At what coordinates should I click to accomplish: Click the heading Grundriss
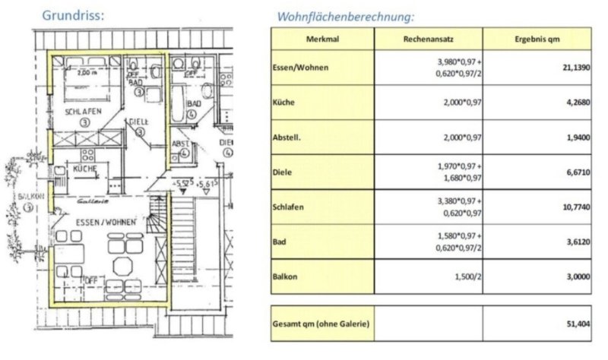[x=73, y=14]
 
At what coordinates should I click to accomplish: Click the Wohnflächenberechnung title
[x=346, y=16]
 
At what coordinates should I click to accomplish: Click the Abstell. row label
[x=288, y=137]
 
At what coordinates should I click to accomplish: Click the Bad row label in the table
[x=280, y=242]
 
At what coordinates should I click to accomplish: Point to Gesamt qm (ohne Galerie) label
[x=321, y=325]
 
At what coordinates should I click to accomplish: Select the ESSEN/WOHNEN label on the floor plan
[x=106, y=223]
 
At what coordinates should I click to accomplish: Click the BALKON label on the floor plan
[x=24, y=196]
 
